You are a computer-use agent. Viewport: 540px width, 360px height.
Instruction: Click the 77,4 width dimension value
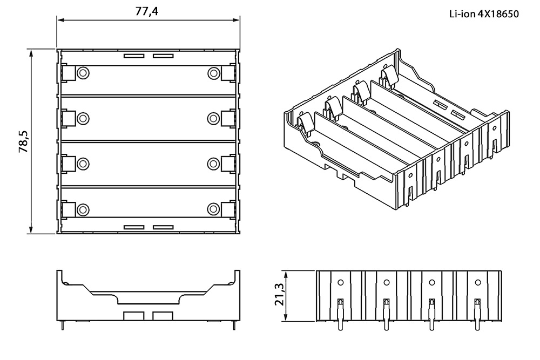click(x=147, y=11)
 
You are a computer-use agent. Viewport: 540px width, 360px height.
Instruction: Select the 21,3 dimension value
click(x=279, y=294)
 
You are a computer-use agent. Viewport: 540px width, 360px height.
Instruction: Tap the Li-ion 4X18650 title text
click(x=484, y=14)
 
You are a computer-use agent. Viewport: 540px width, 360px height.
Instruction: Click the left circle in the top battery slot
click(x=83, y=73)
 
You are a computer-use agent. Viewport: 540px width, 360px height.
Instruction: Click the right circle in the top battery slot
click(x=213, y=73)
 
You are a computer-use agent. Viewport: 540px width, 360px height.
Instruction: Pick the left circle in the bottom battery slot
click(x=83, y=209)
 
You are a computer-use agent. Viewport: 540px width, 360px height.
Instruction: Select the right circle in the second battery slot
click(x=213, y=118)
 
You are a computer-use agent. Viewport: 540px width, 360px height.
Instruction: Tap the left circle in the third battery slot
click(x=83, y=164)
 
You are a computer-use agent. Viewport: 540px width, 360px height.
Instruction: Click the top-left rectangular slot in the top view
click(x=133, y=56)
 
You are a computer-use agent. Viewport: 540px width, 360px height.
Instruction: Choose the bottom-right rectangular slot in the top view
click(x=163, y=227)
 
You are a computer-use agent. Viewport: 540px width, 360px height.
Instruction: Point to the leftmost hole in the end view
click(x=341, y=283)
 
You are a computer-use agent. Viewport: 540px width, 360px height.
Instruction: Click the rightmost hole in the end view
click(x=478, y=283)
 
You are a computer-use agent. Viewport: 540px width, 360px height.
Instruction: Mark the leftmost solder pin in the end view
click(x=341, y=314)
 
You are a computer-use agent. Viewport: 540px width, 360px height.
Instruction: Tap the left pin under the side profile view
click(x=62, y=325)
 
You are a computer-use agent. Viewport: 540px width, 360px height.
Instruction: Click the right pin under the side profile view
click(x=234, y=325)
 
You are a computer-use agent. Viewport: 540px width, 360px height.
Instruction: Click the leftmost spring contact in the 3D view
click(x=305, y=122)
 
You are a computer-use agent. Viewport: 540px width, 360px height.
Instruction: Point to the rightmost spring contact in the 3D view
click(x=389, y=75)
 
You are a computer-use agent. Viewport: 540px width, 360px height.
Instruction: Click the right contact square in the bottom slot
click(x=228, y=209)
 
